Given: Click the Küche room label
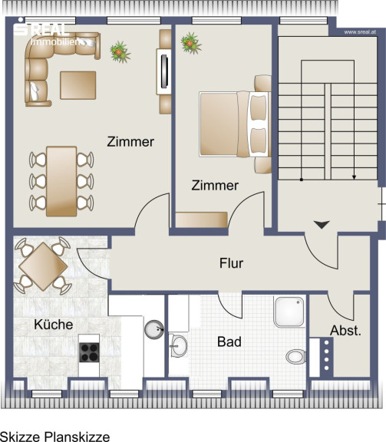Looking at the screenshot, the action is [x=54, y=325].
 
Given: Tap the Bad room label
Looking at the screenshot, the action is [x=229, y=341].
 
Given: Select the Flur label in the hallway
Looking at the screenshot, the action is [x=231, y=263].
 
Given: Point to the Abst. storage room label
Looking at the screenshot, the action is [x=345, y=331].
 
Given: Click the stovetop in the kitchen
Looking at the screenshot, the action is [x=89, y=352].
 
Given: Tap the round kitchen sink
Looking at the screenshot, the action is [x=154, y=329].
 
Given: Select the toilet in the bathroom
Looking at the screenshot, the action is [x=295, y=357].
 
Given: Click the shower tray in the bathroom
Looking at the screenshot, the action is [x=289, y=312].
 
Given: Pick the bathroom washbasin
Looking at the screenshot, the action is [x=178, y=345].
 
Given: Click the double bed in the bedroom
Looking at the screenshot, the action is [x=235, y=124].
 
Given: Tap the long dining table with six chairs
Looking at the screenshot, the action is [x=61, y=181].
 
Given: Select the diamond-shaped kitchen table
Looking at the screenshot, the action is [x=43, y=266].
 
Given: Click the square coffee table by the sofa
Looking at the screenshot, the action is [x=78, y=85].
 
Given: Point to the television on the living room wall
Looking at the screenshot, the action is [x=164, y=71].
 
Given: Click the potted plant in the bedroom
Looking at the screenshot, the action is [x=191, y=43].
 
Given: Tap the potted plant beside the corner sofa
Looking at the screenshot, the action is [x=120, y=51].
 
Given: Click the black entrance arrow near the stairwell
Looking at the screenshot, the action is [x=322, y=225].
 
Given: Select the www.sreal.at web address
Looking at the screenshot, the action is [x=360, y=32].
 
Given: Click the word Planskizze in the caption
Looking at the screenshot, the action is [x=78, y=437].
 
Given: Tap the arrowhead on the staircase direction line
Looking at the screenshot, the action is [x=354, y=177].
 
